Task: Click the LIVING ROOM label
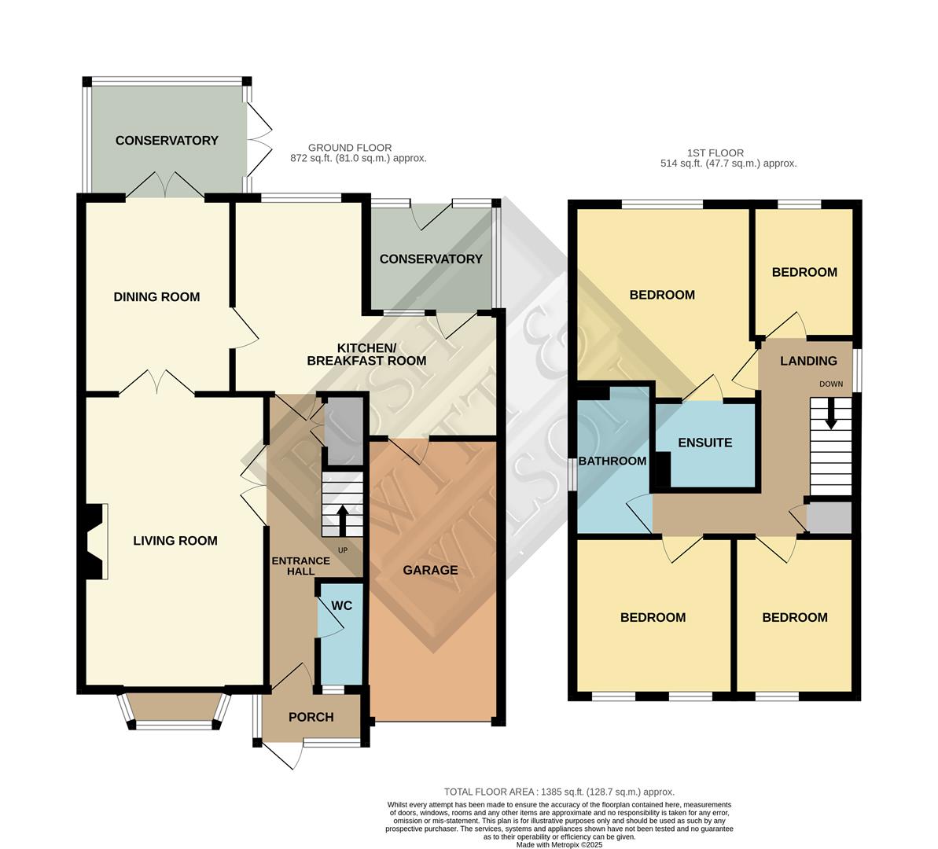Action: point(175,541)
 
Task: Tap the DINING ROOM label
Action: point(156,297)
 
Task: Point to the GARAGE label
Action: point(430,570)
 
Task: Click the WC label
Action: point(341,605)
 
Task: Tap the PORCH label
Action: point(311,717)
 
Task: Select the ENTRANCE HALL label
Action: point(300,566)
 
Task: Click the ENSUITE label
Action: point(705,443)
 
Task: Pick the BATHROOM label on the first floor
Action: point(612,461)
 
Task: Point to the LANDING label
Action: point(808,361)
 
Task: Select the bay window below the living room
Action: point(175,711)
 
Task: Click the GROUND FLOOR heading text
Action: point(350,148)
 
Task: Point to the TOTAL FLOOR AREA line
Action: point(559,792)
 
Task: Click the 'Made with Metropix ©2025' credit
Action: point(559,845)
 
